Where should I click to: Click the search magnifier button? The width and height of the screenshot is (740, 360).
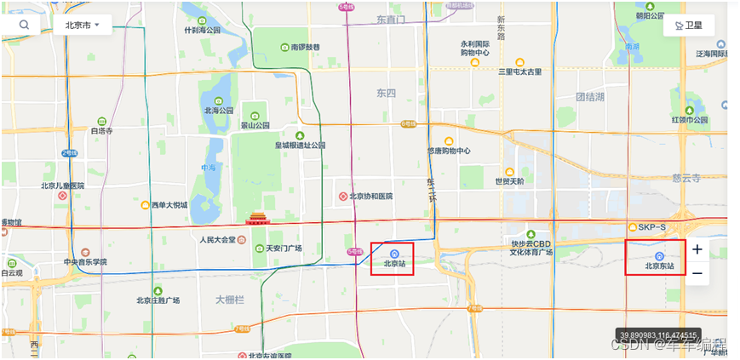point(24,25)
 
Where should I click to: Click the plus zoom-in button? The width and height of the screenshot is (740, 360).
point(697,249)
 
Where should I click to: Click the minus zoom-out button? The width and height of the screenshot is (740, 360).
point(697,273)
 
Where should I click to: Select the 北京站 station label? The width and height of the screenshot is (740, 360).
point(393,264)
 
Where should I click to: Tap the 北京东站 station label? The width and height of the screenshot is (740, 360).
point(659,266)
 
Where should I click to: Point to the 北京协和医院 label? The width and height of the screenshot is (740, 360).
point(371,197)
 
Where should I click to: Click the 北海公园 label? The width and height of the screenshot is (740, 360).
point(219,110)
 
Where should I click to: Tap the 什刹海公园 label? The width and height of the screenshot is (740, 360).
point(202,30)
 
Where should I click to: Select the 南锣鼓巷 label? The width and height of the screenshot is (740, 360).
point(305,47)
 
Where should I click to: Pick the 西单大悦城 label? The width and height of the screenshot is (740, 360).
point(169,205)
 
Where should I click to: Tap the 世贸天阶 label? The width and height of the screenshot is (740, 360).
point(510,181)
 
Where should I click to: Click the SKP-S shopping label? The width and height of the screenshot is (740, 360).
point(652,227)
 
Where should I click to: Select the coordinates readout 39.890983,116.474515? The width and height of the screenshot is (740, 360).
point(658,335)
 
